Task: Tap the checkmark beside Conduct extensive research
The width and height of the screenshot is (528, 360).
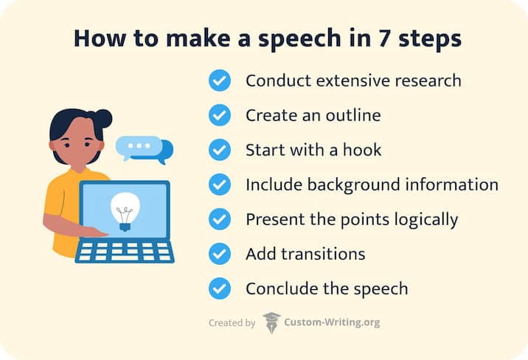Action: coord(220,80)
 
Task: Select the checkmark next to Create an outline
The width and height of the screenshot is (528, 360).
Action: coord(220,115)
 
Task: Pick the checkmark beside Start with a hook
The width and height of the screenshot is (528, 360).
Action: coord(220,150)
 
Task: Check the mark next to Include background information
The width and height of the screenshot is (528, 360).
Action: coord(220,184)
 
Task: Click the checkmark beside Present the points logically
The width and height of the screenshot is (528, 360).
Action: coord(220,219)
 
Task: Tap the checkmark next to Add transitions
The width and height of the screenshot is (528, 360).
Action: coord(220,254)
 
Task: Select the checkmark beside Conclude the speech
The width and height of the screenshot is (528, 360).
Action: coord(220,288)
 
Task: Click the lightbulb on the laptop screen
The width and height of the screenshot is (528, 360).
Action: coord(123,210)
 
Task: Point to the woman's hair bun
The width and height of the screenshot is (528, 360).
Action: coord(103,118)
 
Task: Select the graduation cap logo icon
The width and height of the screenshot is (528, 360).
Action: coord(271,322)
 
